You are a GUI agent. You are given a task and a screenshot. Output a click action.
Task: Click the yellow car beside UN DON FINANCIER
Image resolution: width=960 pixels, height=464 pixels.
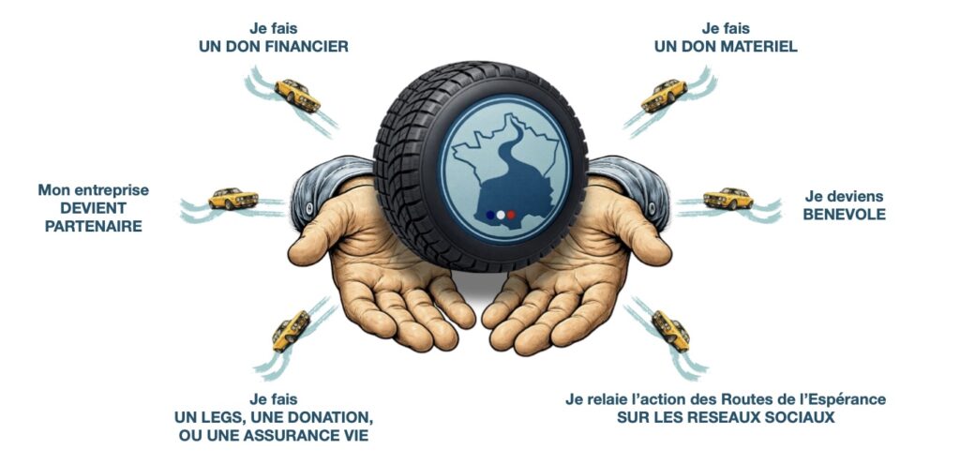pos(297,95)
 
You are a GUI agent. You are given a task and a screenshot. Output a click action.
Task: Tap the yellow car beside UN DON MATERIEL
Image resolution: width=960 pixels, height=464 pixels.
pos(664,96)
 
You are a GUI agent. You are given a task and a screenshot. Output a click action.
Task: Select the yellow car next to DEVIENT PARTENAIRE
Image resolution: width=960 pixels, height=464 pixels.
pos(233,199)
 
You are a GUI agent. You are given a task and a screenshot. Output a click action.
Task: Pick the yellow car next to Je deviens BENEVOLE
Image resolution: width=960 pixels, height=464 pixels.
pos(727,198)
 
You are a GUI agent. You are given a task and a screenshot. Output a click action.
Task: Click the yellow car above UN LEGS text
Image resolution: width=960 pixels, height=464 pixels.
pos(291,331)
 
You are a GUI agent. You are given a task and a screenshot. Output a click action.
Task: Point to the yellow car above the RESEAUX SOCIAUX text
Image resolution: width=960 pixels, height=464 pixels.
pos(671,331)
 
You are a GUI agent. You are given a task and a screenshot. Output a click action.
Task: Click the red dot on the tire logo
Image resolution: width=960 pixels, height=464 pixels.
pos(511,215)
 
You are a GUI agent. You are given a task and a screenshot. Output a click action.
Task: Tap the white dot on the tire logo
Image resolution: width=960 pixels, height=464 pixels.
pos(501,215)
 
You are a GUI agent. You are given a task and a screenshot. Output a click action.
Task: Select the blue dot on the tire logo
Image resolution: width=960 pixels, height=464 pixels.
pos(489,215)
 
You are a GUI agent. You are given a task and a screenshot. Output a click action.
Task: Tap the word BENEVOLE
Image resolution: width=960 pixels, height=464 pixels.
pos(845,215)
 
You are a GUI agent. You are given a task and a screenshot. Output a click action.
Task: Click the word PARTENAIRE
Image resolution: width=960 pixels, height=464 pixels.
pos(94,226)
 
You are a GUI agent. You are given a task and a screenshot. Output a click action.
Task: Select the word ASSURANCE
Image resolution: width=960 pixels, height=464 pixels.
pos(295,436)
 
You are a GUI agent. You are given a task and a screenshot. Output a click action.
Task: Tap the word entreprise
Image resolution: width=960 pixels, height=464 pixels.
pos(112,190)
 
